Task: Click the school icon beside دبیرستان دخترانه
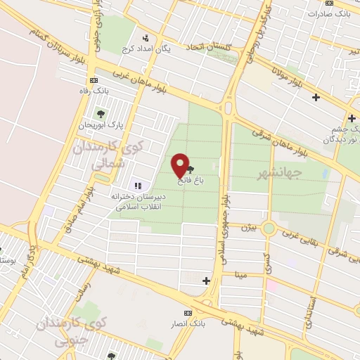tap(138, 186)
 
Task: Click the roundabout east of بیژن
tap(268, 229)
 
